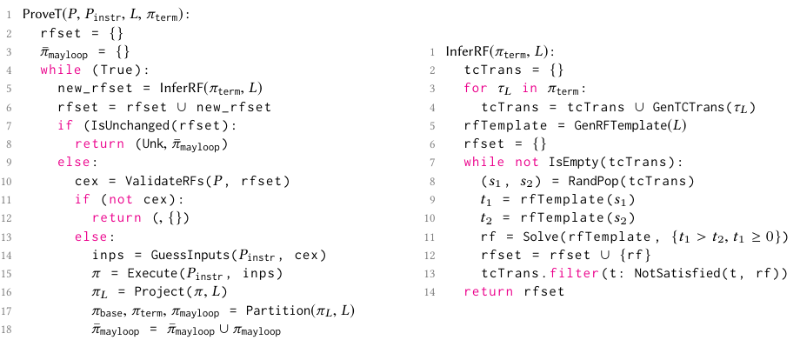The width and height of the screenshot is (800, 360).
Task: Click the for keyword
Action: coord(475,88)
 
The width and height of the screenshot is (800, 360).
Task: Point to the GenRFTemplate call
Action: coord(618,125)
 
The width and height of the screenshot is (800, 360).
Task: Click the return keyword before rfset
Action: coord(484,291)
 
